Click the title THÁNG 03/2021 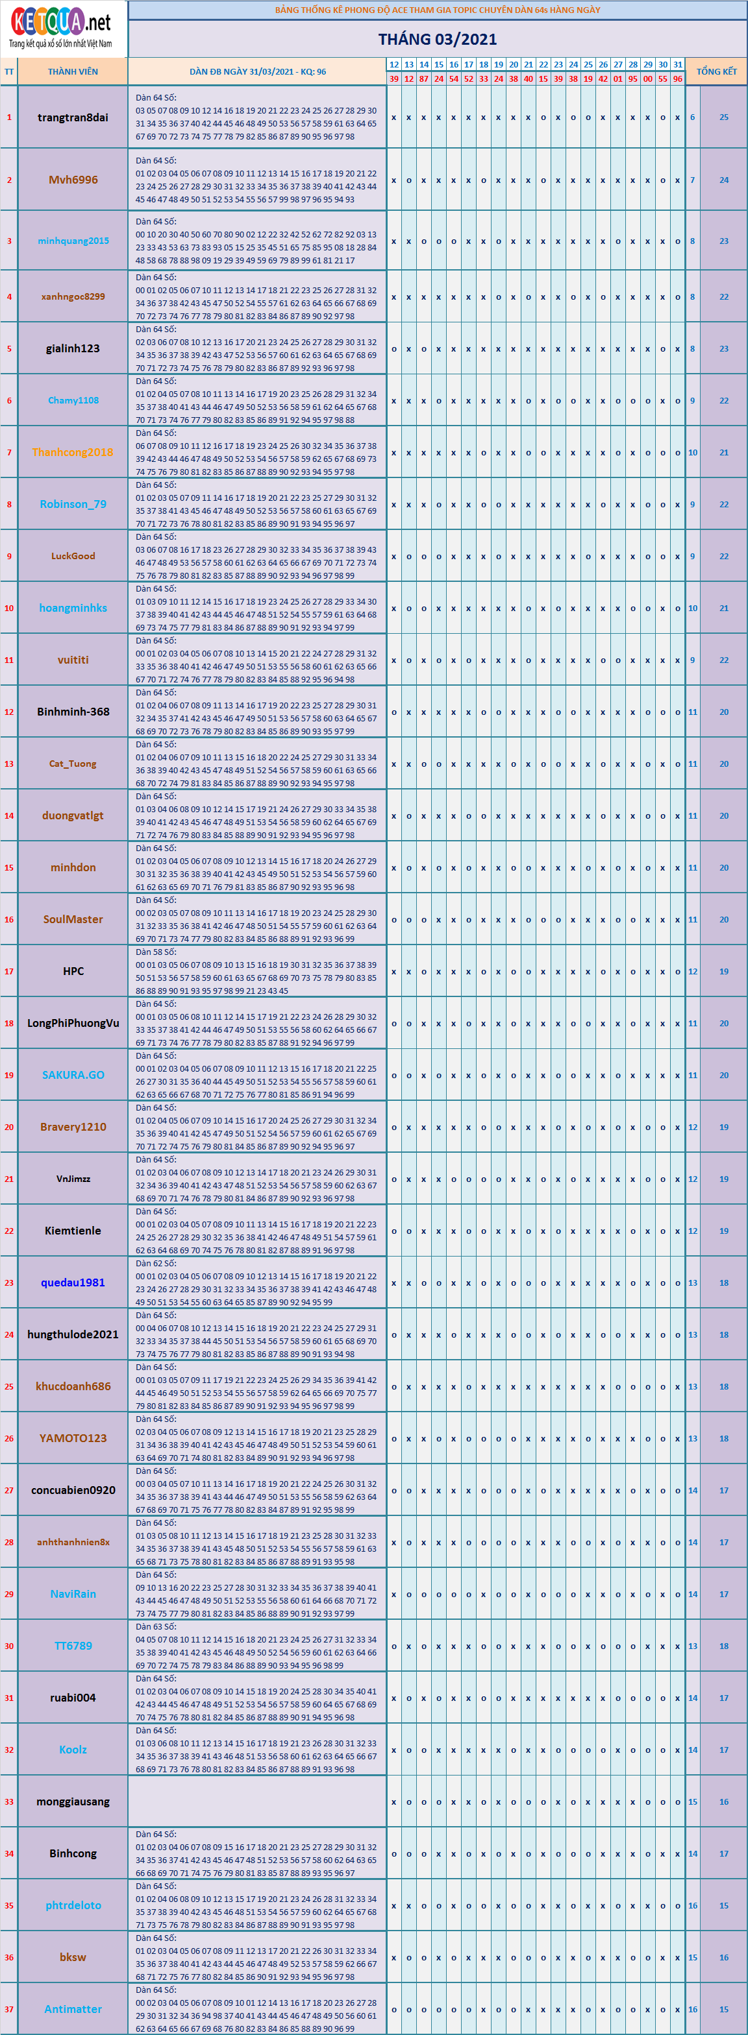[x=437, y=40]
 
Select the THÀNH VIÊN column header [x=73, y=72]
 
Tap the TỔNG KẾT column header [x=716, y=72]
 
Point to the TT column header [x=8, y=72]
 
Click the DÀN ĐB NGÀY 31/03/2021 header [x=257, y=72]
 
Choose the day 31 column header [x=678, y=65]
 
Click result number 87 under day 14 [x=424, y=79]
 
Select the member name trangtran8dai [x=73, y=117]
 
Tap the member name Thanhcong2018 [x=73, y=453]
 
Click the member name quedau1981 [x=73, y=1282]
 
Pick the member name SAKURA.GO [x=73, y=1075]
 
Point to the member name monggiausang [x=73, y=1801]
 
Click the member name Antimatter [x=73, y=2009]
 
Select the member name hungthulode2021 [x=73, y=1334]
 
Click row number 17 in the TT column [x=8, y=972]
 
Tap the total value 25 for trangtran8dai [x=723, y=117]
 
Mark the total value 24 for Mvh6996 [x=723, y=180]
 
